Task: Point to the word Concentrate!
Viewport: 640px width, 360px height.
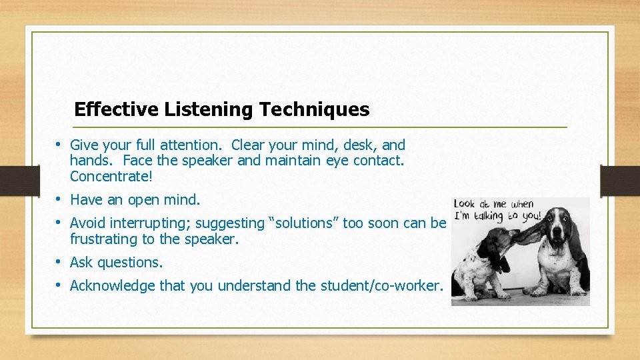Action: (111, 177)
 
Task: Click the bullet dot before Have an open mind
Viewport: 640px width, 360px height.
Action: (59, 199)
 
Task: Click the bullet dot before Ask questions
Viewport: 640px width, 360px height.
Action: (59, 262)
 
